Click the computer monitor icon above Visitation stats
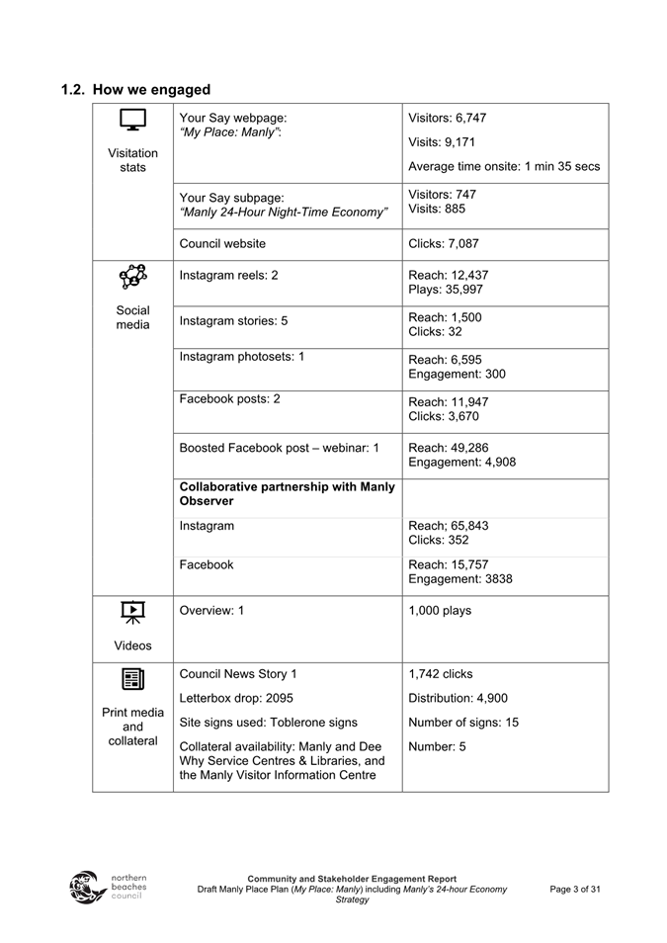pos(132,121)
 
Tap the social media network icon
pos(132,279)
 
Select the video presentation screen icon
pos(132,614)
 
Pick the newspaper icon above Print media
pos(132,679)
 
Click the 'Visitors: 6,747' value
pos(447,118)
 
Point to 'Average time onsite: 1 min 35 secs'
pos(504,166)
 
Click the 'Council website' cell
pos(222,243)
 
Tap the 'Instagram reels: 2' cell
pos(228,276)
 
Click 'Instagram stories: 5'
pos(233,320)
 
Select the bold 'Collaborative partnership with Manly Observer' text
pos(287,493)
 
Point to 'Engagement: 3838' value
pos(460,579)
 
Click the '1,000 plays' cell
pos(440,611)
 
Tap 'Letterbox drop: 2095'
pos(236,698)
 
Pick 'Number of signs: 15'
pos(463,723)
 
